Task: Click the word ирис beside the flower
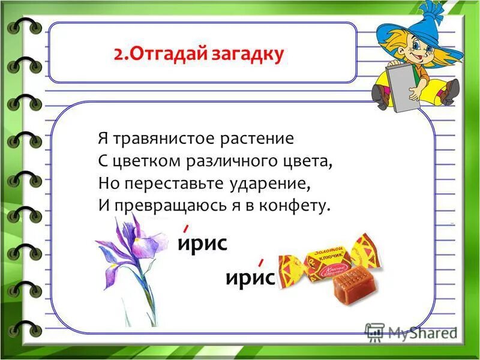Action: click(x=202, y=243)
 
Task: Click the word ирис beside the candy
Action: click(x=250, y=278)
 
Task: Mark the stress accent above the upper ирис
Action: click(x=187, y=227)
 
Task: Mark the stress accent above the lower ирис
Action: click(x=260, y=262)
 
